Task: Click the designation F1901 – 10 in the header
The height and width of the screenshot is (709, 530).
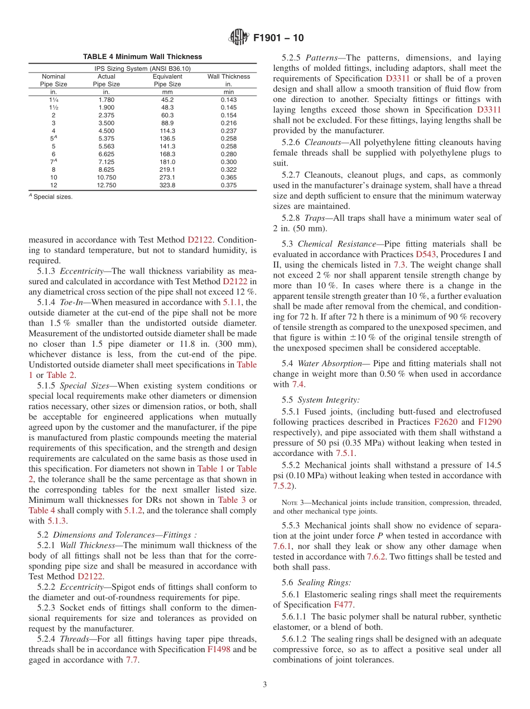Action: (x=279, y=38)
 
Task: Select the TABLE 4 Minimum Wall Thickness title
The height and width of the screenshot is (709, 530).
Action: (x=142, y=57)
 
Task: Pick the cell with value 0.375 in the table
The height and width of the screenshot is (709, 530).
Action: (x=228, y=185)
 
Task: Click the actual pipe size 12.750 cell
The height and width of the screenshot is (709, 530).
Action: (x=107, y=185)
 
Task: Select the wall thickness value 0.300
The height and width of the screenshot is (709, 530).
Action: (x=228, y=162)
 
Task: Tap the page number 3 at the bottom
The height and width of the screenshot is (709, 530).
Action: (x=265, y=684)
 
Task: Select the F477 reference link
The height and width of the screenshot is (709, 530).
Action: (x=343, y=604)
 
